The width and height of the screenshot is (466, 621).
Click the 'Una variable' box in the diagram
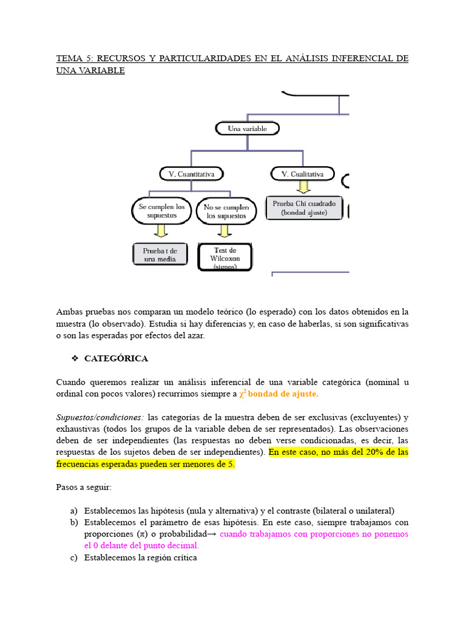coord(247,129)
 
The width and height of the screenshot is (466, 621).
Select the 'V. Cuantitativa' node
coord(192,174)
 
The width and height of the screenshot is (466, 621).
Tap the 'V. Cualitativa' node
coord(303,174)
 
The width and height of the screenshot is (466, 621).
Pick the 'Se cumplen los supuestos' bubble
coord(161,211)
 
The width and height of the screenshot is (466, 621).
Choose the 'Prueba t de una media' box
coord(160,255)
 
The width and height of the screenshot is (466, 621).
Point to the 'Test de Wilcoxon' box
coord(225,257)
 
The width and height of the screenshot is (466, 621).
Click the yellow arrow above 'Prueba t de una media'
coord(161,230)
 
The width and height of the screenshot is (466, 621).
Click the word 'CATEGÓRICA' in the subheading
coord(116,358)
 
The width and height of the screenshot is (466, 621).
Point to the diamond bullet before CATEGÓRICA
coord(75,358)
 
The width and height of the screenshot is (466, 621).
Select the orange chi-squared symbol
coord(242,394)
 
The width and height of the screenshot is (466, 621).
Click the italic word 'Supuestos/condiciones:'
coord(100,417)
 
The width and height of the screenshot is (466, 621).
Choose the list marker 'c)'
coord(75,557)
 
